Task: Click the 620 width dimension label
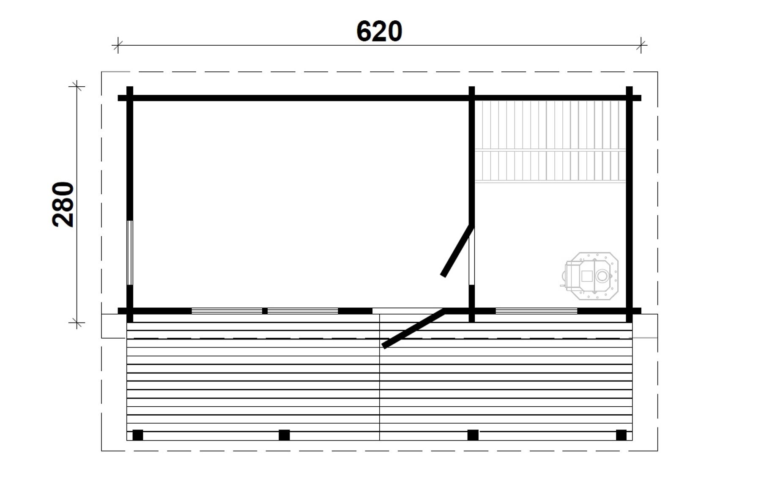click(x=379, y=32)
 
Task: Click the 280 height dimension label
click(x=63, y=204)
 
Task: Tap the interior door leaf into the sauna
click(x=457, y=251)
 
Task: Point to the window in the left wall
click(x=130, y=253)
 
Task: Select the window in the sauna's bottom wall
click(x=536, y=311)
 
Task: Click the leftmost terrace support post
click(x=138, y=435)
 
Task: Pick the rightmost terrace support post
click(x=621, y=435)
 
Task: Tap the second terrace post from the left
click(x=284, y=435)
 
